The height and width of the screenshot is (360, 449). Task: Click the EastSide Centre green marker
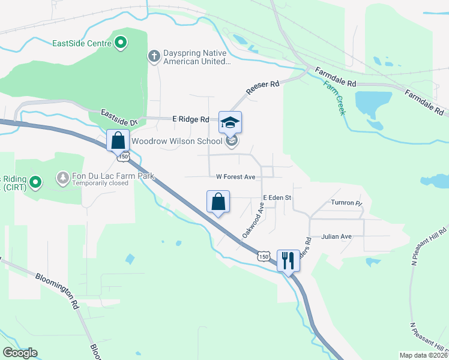pos(121,43)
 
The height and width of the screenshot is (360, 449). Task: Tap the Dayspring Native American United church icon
pos(154,56)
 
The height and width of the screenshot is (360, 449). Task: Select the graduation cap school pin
pos(230,123)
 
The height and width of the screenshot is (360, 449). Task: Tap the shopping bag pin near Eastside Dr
pos(118,140)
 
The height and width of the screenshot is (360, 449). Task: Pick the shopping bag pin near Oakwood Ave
pos(218,202)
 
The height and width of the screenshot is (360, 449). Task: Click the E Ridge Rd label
pos(190,119)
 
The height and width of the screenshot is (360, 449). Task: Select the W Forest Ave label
pos(237,177)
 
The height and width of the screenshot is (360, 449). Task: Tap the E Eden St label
pos(277,197)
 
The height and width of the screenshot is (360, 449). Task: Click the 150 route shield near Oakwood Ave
pos(263,256)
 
